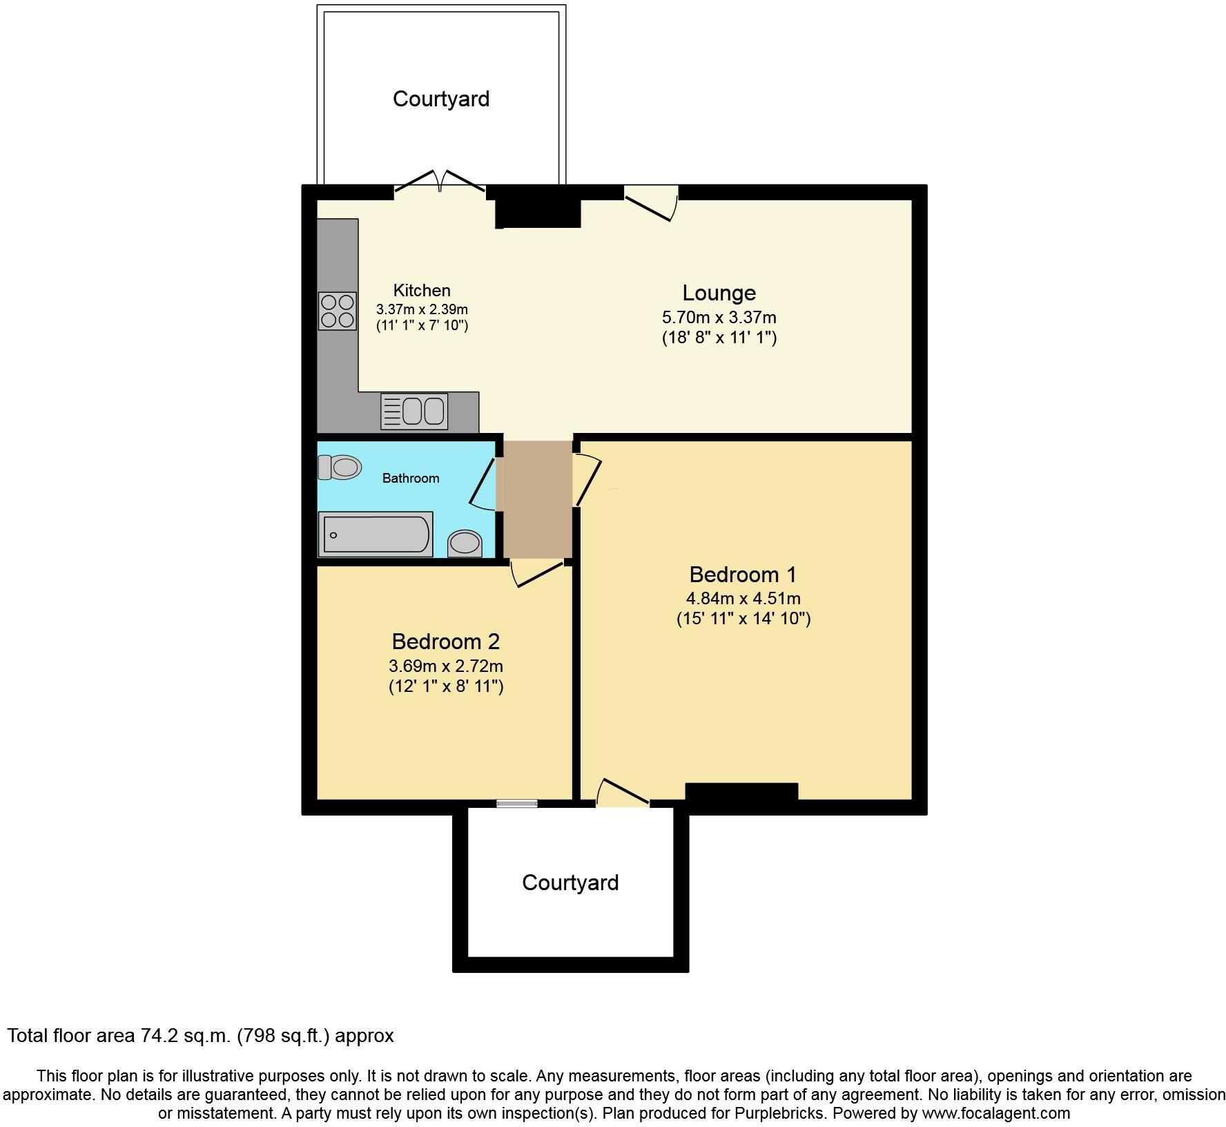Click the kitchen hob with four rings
pyautogui.click(x=338, y=311)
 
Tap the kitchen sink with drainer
pyautogui.click(x=414, y=411)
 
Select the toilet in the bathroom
pyautogui.click(x=340, y=468)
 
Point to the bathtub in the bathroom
pyautogui.click(x=375, y=534)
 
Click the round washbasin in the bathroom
pyautogui.click(x=465, y=543)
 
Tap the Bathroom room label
pyautogui.click(x=411, y=478)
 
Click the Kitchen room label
pyautogui.click(x=422, y=291)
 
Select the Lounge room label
pyautogui.click(x=719, y=293)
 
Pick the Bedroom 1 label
pyautogui.click(x=743, y=575)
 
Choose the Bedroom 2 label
pyautogui.click(x=445, y=642)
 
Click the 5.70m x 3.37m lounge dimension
pyautogui.click(x=719, y=318)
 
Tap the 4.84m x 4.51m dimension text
pyautogui.click(x=743, y=599)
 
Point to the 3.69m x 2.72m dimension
pyautogui.click(x=445, y=666)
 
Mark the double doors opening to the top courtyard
pyautogui.click(x=440, y=181)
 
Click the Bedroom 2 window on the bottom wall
pyautogui.click(x=517, y=803)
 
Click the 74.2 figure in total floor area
pyautogui.click(x=163, y=1036)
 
